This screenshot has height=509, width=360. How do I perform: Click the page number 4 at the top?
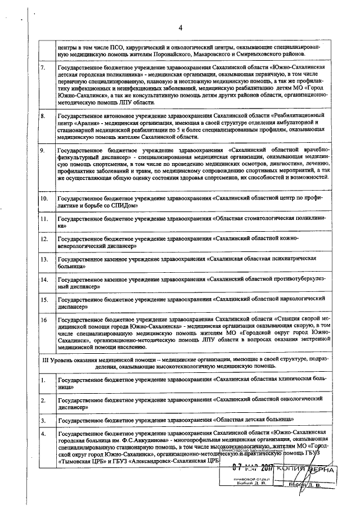coord(181,28)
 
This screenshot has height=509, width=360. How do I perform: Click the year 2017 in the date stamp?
coord(266,469)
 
